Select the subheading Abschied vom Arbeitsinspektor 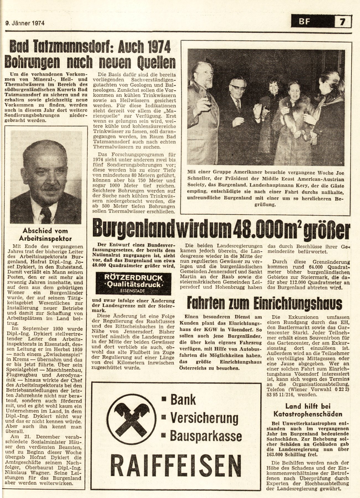(x=45, y=235)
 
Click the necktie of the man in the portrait (x=46, y=215)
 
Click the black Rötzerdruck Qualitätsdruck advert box (x=133, y=283)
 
